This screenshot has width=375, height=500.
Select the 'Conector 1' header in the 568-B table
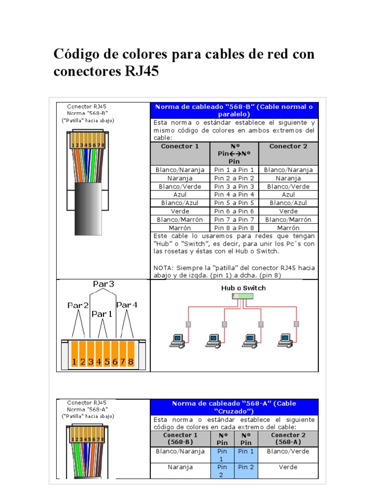coord(180,146)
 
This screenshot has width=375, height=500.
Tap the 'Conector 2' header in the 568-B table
coord(288,146)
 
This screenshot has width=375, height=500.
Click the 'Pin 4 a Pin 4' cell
coord(234,194)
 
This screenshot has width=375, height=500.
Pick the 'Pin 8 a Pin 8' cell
coord(234,228)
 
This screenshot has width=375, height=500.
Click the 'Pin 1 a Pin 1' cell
coord(234,169)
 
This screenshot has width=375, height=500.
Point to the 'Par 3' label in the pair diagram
coord(104,284)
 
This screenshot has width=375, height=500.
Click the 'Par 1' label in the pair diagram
coord(102,314)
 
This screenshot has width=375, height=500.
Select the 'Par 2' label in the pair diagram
coord(78,305)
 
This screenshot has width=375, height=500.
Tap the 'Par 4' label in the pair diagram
coord(127,305)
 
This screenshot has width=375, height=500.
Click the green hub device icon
coord(243,296)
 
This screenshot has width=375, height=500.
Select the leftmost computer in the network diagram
coord(176,340)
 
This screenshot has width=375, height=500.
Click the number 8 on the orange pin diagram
coord(130,362)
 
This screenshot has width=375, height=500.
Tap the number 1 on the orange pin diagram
coord(74,362)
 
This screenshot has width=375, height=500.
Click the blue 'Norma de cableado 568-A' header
coord(234,407)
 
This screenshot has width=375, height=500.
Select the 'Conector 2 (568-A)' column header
coord(288,438)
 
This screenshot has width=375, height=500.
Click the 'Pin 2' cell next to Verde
coord(246,467)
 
